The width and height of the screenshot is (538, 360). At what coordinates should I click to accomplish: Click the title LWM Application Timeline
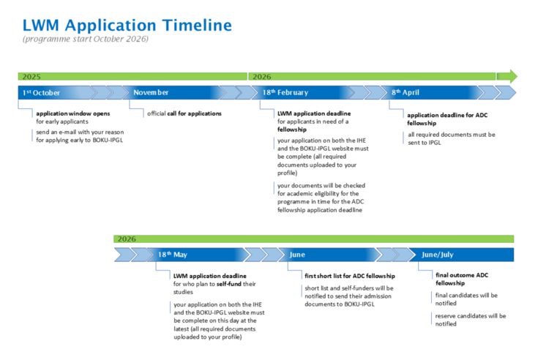(127, 26)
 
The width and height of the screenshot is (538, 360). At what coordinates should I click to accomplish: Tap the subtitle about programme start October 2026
(86, 39)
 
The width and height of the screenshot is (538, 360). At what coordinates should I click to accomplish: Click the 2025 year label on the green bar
(31, 76)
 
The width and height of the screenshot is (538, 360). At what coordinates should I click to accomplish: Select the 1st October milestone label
(41, 93)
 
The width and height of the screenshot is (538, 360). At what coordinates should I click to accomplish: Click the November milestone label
(151, 93)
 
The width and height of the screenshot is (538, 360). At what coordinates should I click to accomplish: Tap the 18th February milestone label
(285, 93)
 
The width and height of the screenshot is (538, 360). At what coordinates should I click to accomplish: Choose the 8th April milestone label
(406, 93)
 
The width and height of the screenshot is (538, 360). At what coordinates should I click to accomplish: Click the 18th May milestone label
(173, 255)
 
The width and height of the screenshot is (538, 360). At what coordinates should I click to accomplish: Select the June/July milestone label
(438, 255)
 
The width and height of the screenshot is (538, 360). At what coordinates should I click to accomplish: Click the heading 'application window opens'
(73, 113)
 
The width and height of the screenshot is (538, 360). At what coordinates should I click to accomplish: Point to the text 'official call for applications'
(184, 113)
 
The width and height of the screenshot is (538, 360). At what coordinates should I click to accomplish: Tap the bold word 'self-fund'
(229, 284)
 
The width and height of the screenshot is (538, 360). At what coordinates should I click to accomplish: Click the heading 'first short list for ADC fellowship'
(350, 276)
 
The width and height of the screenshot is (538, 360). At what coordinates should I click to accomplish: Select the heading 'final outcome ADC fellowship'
(462, 279)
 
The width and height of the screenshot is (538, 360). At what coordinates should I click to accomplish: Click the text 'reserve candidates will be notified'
(471, 320)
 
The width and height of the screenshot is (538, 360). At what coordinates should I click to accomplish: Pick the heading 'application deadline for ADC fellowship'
(447, 119)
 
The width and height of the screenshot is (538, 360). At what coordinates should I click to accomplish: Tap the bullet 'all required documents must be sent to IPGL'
(452, 138)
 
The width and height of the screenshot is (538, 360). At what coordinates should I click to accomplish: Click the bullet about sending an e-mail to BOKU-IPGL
(80, 136)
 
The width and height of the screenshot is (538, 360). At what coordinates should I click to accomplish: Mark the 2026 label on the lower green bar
(127, 239)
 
